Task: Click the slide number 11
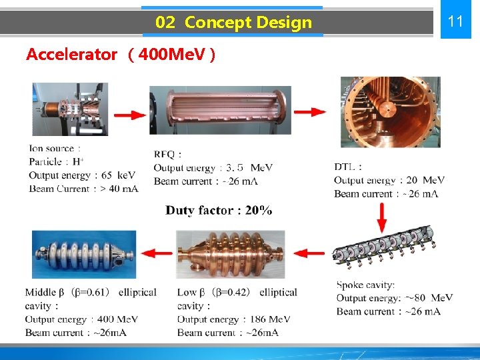point(455,21)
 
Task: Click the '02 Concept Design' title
point(233,23)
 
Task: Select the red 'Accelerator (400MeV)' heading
point(120,55)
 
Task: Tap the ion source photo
point(70,109)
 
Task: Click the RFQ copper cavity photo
point(221,111)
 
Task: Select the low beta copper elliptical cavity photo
point(230,254)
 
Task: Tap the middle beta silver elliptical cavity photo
point(84,254)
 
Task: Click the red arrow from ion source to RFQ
point(130,115)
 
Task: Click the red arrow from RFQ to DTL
point(310,112)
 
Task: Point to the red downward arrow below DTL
point(383,217)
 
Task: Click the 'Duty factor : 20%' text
point(219,211)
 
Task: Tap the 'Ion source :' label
point(55,149)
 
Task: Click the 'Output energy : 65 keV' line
point(82,175)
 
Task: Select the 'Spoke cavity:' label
point(365,285)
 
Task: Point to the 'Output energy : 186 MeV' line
point(233,319)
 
